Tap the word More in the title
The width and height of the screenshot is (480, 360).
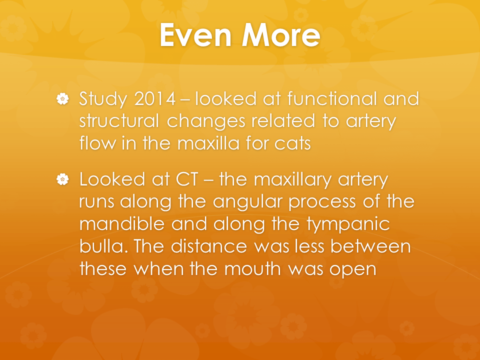[x=281, y=35]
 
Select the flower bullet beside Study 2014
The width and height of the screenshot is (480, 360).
[x=63, y=99]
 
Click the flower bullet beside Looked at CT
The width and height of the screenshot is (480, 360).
[x=63, y=179]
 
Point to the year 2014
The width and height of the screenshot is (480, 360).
[x=155, y=99]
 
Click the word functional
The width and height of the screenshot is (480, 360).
[x=332, y=98]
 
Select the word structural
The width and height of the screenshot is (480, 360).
[x=119, y=121]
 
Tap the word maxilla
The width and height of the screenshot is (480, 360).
[x=208, y=143]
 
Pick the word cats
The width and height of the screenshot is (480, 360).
[x=292, y=143]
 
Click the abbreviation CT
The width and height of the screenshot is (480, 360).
[x=187, y=179]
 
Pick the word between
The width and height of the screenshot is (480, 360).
[x=370, y=246]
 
